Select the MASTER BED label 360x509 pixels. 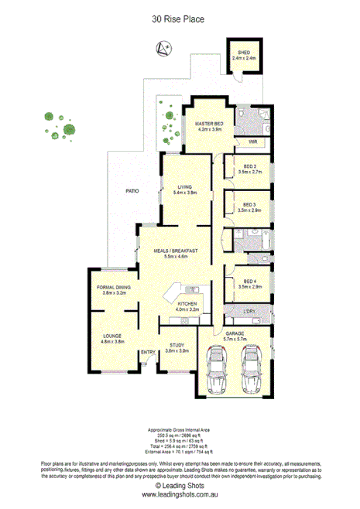tap(210, 124)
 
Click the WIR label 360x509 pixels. tap(252, 143)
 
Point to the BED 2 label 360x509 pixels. tap(249, 166)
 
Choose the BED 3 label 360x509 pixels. tap(249, 204)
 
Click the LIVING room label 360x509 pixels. tap(184, 186)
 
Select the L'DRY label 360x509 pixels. tap(249, 311)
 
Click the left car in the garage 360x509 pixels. tap(217, 369)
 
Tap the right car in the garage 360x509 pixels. tap(251, 369)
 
